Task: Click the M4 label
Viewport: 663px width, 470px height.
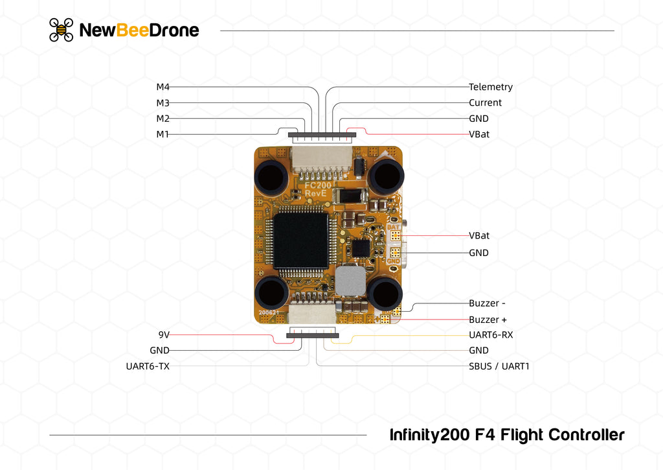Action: click(163, 87)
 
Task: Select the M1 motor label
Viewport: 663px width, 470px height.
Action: click(163, 134)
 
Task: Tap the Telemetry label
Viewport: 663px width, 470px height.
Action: click(490, 87)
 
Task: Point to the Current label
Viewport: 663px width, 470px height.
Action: click(485, 102)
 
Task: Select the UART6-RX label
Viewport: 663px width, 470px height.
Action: click(490, 335)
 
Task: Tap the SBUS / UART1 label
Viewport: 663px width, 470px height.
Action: click(499, 366)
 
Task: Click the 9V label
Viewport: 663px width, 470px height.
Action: click(164, 335)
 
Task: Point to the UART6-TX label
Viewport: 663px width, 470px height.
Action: click(148, 366)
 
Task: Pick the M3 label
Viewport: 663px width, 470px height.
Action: click(163, 102)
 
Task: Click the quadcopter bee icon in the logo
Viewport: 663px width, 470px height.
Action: click(62, 30)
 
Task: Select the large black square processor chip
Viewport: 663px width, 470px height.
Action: click(301, 241)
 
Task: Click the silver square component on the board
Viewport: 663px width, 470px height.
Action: click(350, 281)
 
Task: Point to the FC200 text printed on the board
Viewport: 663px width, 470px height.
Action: click(319, 185)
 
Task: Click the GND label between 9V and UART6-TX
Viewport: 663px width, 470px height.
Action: click(159, 351)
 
